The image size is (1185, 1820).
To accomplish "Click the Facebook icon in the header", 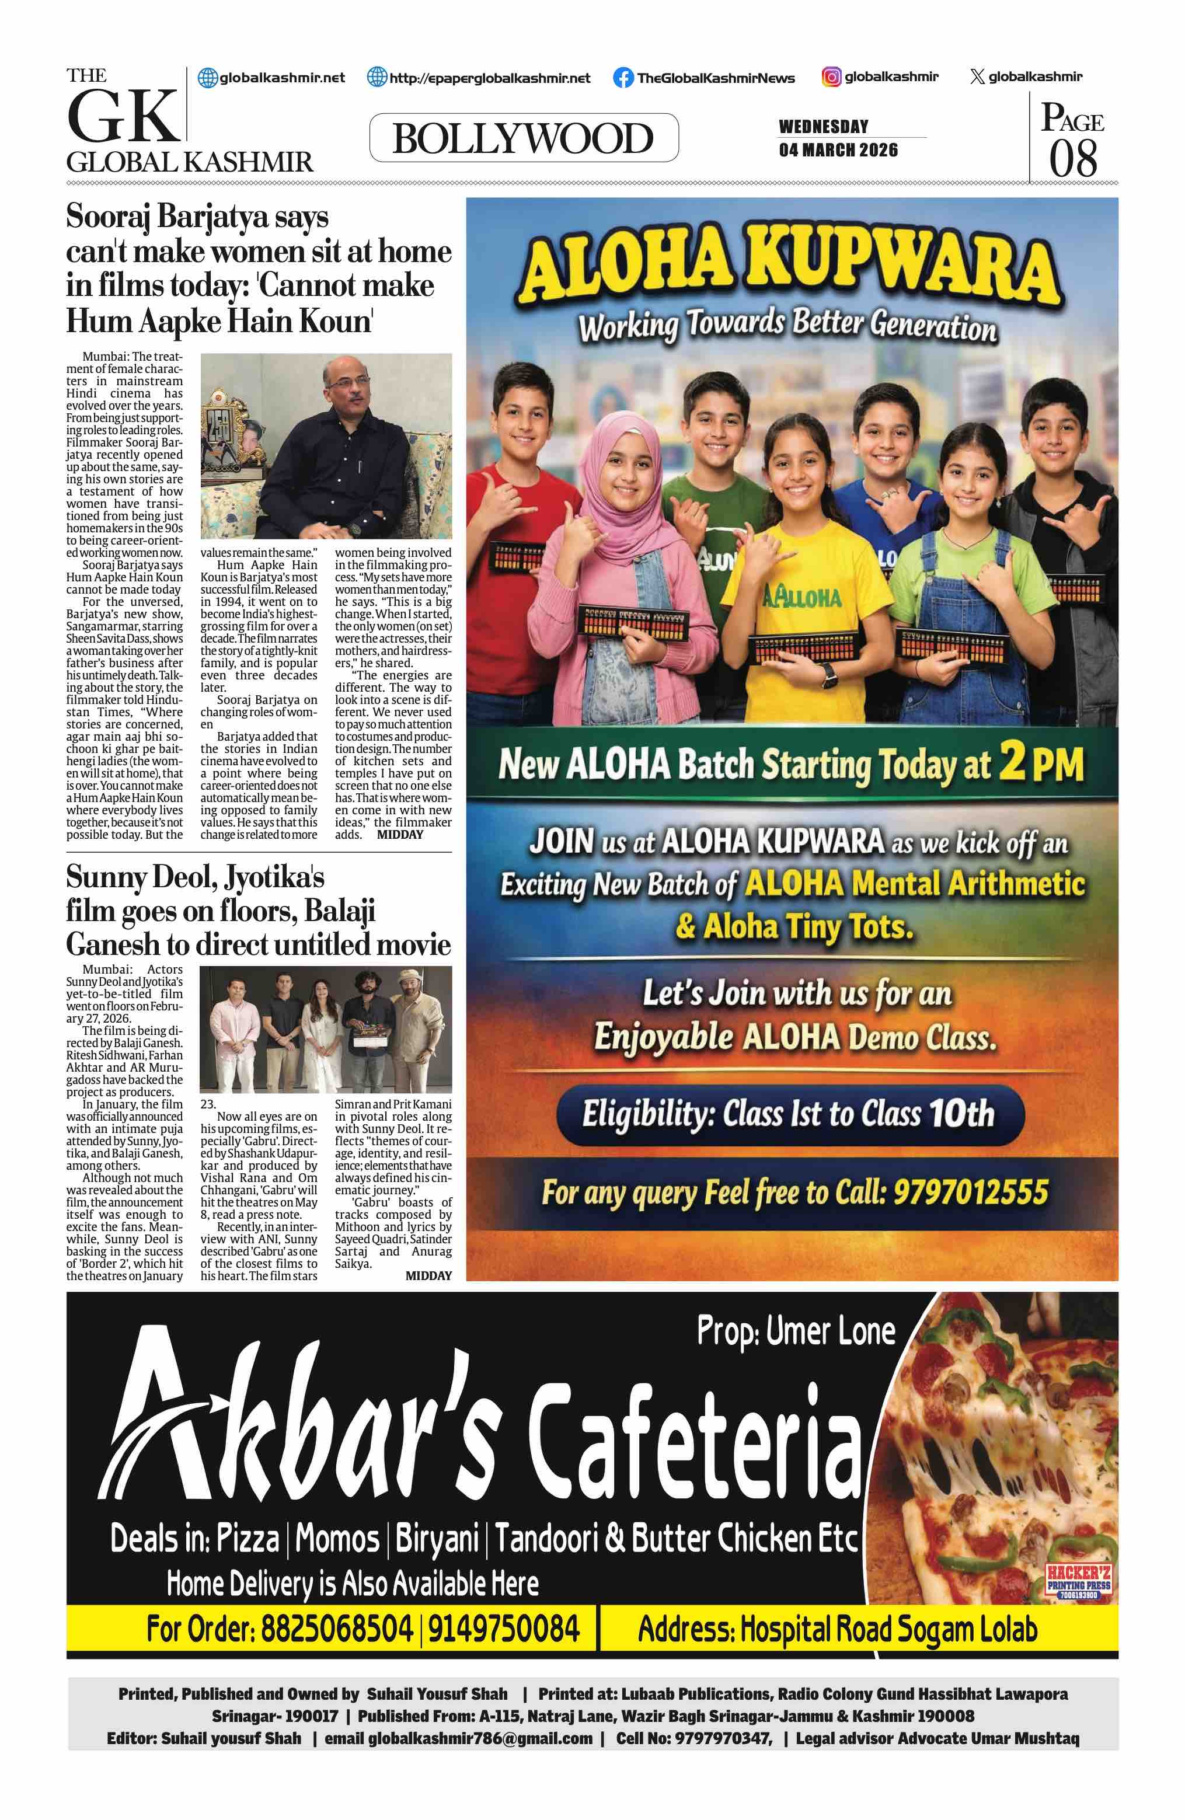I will pos(623,77).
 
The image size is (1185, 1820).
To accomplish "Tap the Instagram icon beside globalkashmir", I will pos(831,76).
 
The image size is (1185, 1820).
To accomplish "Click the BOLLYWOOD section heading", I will pos(523,138).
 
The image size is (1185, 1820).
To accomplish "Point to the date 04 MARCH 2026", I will pos(838,150).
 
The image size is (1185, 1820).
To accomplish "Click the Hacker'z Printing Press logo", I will pos(1078,1581).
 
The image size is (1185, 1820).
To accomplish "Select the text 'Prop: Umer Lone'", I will pos(796,1331).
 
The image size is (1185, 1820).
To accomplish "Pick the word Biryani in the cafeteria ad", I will pos(437,1539).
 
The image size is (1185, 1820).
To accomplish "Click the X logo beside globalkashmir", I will pos(976,76).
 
